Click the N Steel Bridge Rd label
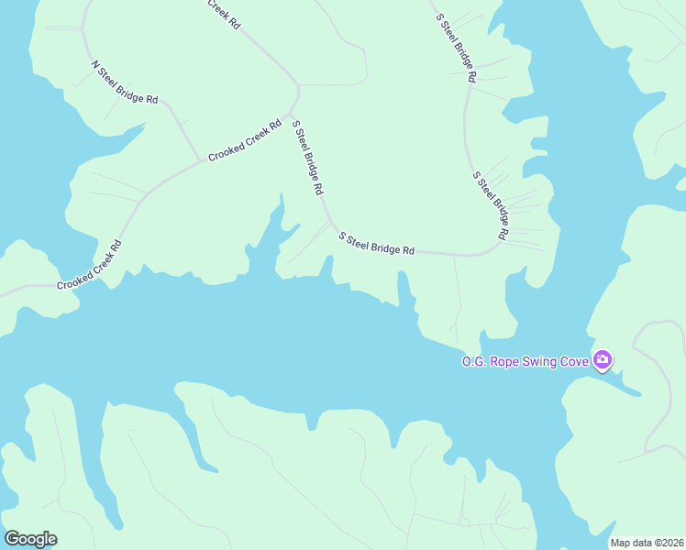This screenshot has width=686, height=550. (x=126, y=82)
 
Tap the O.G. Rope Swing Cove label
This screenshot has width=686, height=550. (x=525, y=361)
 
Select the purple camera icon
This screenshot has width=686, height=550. (x=603, y=359)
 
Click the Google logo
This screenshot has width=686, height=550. (x=30, y=538)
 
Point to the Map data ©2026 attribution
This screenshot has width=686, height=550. (x=647, y=543)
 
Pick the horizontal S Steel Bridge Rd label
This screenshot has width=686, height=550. (x=376, y=244)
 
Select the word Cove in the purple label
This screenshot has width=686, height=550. (x=574, y=361)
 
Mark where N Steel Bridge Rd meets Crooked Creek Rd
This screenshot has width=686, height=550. (x=201, y=161)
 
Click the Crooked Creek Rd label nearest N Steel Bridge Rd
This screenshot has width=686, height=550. (x=244, y=141)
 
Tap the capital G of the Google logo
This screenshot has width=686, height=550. (x=13, y=538)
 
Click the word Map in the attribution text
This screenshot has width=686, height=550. (x=621, y=543)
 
